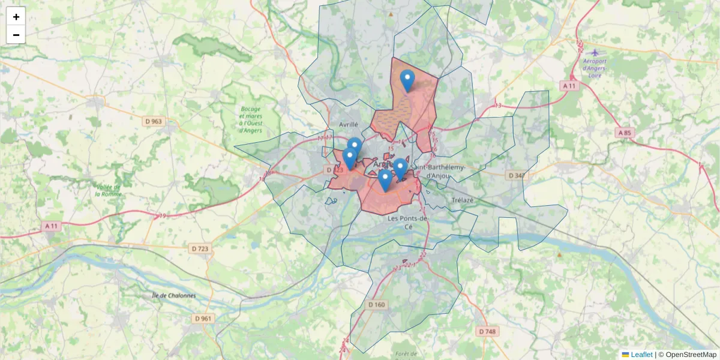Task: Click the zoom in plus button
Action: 16,17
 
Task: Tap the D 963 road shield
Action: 153,121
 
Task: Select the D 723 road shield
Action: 199,248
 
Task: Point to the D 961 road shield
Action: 204,318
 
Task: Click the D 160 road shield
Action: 376,305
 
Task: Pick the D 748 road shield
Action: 487,331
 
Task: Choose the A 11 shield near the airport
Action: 570,86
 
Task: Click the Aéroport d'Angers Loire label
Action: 594,68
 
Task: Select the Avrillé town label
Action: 348,125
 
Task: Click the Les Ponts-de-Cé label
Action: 409,223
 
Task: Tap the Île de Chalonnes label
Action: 174,295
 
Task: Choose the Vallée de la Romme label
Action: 109,190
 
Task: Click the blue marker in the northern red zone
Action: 407,80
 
